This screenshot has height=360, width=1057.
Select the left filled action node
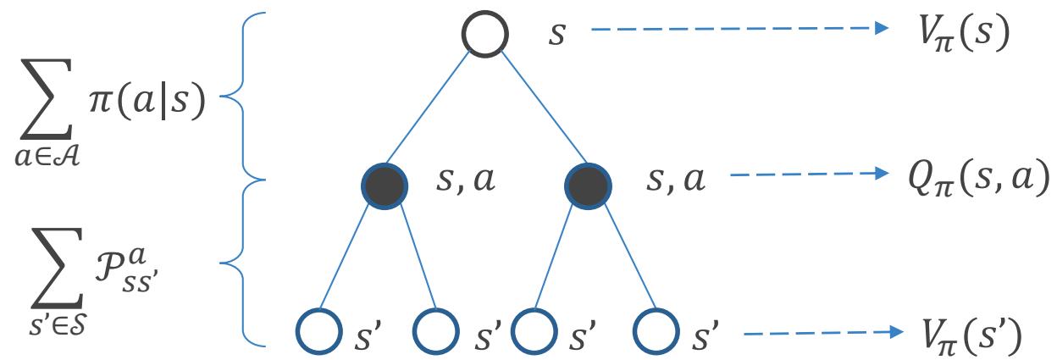385,181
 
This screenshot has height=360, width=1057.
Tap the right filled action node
587,181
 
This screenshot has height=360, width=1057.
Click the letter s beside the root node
556,37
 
